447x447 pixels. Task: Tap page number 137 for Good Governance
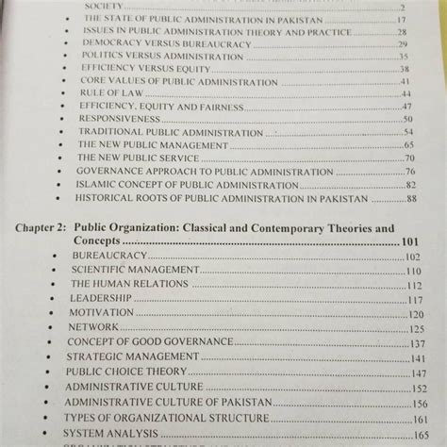coord(415,342)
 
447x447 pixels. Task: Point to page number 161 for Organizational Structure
coord(416,418)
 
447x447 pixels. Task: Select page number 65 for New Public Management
coord(409,144)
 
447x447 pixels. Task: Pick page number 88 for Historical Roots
coord(411,200)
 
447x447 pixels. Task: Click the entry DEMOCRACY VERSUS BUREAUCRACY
coord(152,43)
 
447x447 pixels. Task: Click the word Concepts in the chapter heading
coord(112,242)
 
